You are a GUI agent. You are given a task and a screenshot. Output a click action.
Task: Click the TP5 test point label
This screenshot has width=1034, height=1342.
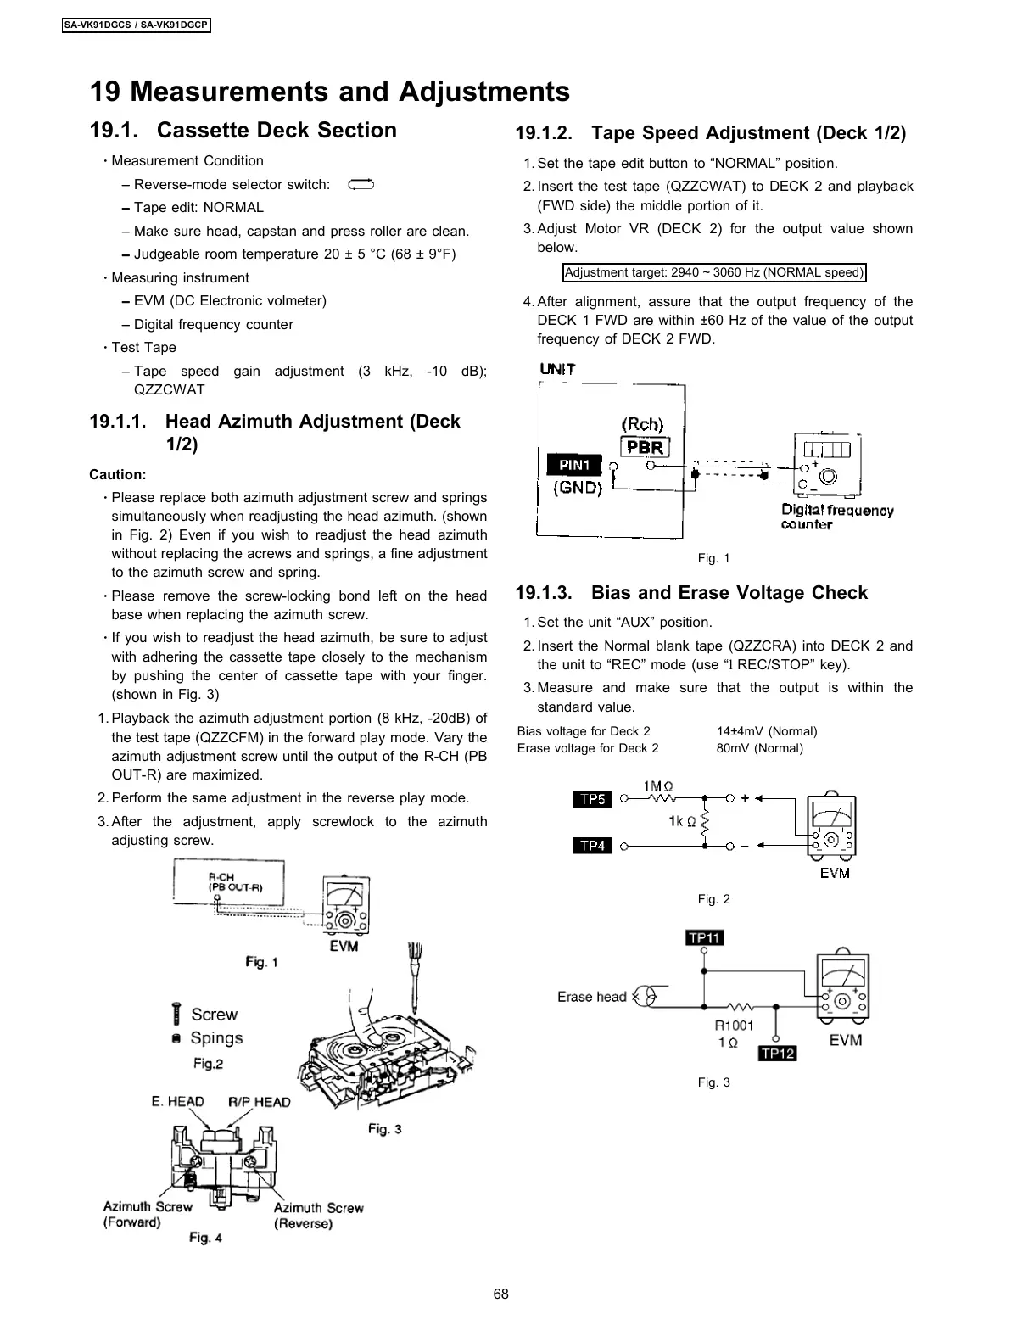[593, 799]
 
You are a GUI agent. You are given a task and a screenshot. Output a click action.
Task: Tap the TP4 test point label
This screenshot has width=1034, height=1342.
[593, 846]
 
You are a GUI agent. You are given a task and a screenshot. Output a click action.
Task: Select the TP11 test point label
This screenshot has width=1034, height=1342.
[705, 937]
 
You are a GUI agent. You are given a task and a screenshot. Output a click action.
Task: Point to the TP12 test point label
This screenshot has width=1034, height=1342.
[777, 1053]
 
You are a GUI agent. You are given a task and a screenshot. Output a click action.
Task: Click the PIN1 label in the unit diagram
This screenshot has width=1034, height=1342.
[574, 465]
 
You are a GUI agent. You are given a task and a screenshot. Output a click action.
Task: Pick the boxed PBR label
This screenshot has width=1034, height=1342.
[646, 447]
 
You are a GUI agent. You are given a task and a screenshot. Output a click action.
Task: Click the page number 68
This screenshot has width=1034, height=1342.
[501, 1294]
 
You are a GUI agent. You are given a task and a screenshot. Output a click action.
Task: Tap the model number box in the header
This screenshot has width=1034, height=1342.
[137, 25]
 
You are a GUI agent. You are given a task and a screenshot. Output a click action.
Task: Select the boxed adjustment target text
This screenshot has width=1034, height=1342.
[714, 272]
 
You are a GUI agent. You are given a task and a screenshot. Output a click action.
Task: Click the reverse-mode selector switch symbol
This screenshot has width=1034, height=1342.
[361, 184]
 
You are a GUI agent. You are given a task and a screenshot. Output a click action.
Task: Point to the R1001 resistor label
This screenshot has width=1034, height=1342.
[734, 1026]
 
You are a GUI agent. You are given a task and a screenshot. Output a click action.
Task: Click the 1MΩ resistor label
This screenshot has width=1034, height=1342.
[659, 786]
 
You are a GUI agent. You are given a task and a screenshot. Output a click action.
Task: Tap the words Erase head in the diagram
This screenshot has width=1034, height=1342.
[591, 997]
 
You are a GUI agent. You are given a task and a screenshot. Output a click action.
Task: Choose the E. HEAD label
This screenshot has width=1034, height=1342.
[178, 1101]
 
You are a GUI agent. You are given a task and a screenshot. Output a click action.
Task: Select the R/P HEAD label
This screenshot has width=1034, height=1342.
[259, 1102]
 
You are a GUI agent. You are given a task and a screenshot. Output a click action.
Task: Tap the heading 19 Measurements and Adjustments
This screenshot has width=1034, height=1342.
[330, 92]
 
